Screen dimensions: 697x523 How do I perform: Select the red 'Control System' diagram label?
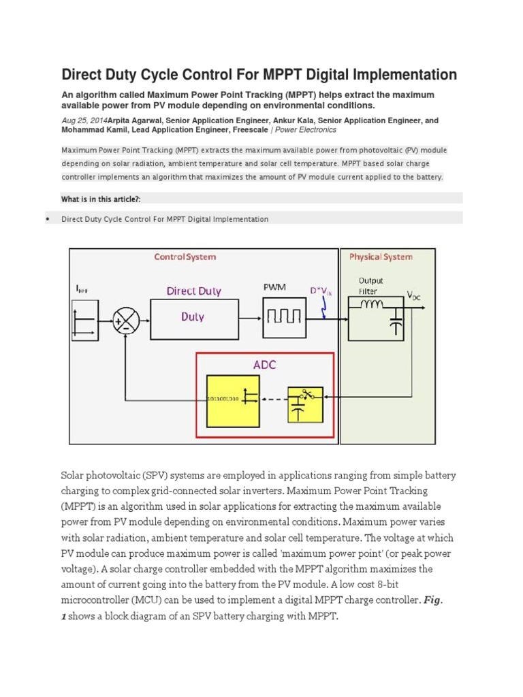(x=185, y=257)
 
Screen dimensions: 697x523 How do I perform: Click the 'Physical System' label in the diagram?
(x=381, y=257)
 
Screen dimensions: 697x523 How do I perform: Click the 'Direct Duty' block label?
(x=194, y=291)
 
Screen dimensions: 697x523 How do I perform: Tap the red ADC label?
(x=264, y=364)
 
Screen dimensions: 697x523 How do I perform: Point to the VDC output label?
(x=415, y=295)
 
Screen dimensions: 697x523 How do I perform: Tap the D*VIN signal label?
(x=321, y=291)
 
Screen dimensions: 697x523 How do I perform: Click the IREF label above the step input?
(x=81, y=289)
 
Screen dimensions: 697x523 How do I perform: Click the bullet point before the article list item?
(x=47, y=219)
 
